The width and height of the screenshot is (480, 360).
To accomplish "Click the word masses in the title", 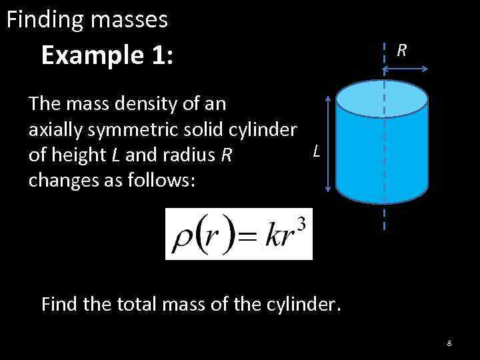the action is [x=131, y=20].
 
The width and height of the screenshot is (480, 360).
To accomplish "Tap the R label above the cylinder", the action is [x=402, y=50].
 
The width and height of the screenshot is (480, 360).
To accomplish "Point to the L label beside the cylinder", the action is [x=317, y=153].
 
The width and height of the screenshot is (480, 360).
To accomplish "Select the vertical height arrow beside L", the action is [x=327, y=143].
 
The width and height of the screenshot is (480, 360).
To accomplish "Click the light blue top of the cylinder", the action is [x=381, y=97].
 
